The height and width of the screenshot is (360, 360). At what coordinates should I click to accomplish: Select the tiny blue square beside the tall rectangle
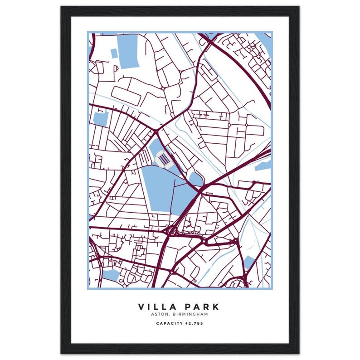[114, 54]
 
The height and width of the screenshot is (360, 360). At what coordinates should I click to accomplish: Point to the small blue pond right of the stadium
[195, 180]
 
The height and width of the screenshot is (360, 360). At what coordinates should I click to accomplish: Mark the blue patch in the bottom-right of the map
[249, 263]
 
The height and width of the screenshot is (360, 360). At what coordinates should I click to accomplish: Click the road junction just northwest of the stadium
[156, 131]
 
